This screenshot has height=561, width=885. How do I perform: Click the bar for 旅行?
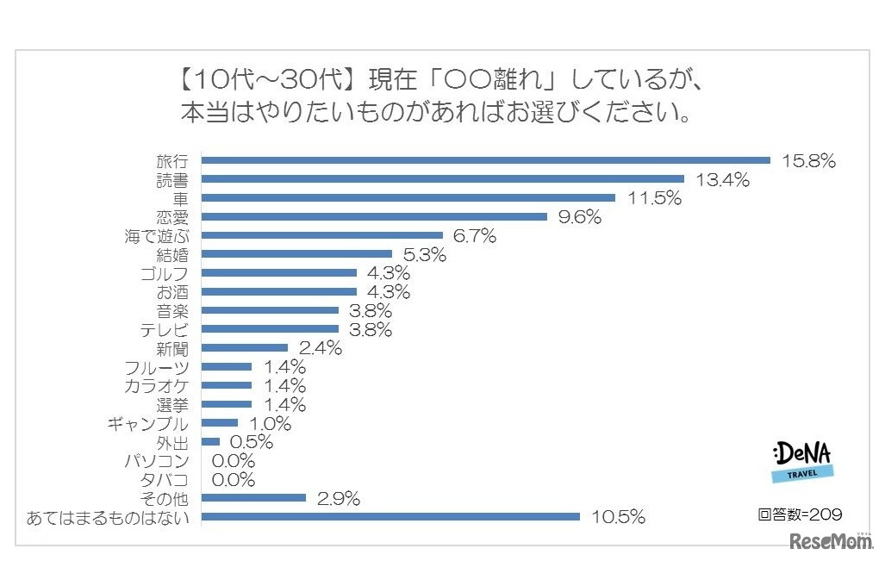point(485,159)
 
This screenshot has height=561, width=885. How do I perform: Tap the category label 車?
point(180,197)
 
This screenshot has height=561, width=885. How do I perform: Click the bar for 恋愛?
point(374,216)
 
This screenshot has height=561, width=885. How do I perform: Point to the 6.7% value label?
point(475,235)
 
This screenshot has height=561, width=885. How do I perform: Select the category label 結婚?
point(172,254)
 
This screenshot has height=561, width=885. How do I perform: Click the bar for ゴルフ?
point(278,273)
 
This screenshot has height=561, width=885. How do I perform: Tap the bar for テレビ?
point(270,329)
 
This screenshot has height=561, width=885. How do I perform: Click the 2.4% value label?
point(321,348)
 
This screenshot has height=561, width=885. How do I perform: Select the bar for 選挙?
point(227,404)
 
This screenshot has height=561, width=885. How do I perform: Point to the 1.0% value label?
point(270,423)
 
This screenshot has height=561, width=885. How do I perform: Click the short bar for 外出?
point(210,441)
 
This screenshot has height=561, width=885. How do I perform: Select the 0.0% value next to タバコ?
point(234,480)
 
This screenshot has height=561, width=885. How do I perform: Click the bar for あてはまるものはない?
point(390,517)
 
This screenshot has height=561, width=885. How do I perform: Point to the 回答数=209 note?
point(800,514)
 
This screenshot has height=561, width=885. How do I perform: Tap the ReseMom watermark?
point(832,543)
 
